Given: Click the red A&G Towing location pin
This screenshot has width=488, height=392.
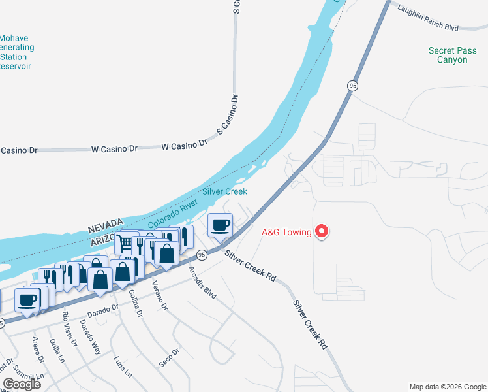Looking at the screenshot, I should click(x=321, y=231).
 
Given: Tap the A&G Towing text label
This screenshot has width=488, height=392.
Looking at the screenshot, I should click(x=286, y=232).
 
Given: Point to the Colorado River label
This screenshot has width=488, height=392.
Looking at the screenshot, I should click(x=172, y=214).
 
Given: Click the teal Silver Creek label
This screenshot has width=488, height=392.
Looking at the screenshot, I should click(x=224, y=191).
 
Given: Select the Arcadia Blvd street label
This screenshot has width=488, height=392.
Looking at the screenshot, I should click(x=202, y=282).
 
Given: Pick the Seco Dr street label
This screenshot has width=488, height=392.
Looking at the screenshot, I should click(x=168, y=357).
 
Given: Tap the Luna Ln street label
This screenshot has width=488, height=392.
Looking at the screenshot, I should click(x=123, y=367).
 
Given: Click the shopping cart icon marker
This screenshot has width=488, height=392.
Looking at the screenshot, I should click(x=124, y=243).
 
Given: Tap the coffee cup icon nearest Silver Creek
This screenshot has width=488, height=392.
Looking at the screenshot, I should click(x=220, y=225).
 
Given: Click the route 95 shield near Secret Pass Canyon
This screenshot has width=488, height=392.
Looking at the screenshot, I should click(x=352, y=86).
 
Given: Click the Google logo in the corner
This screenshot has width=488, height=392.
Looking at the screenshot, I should click(x=22, y=384).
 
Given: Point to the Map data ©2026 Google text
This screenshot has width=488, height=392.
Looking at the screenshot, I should click(x=447, y=387).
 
